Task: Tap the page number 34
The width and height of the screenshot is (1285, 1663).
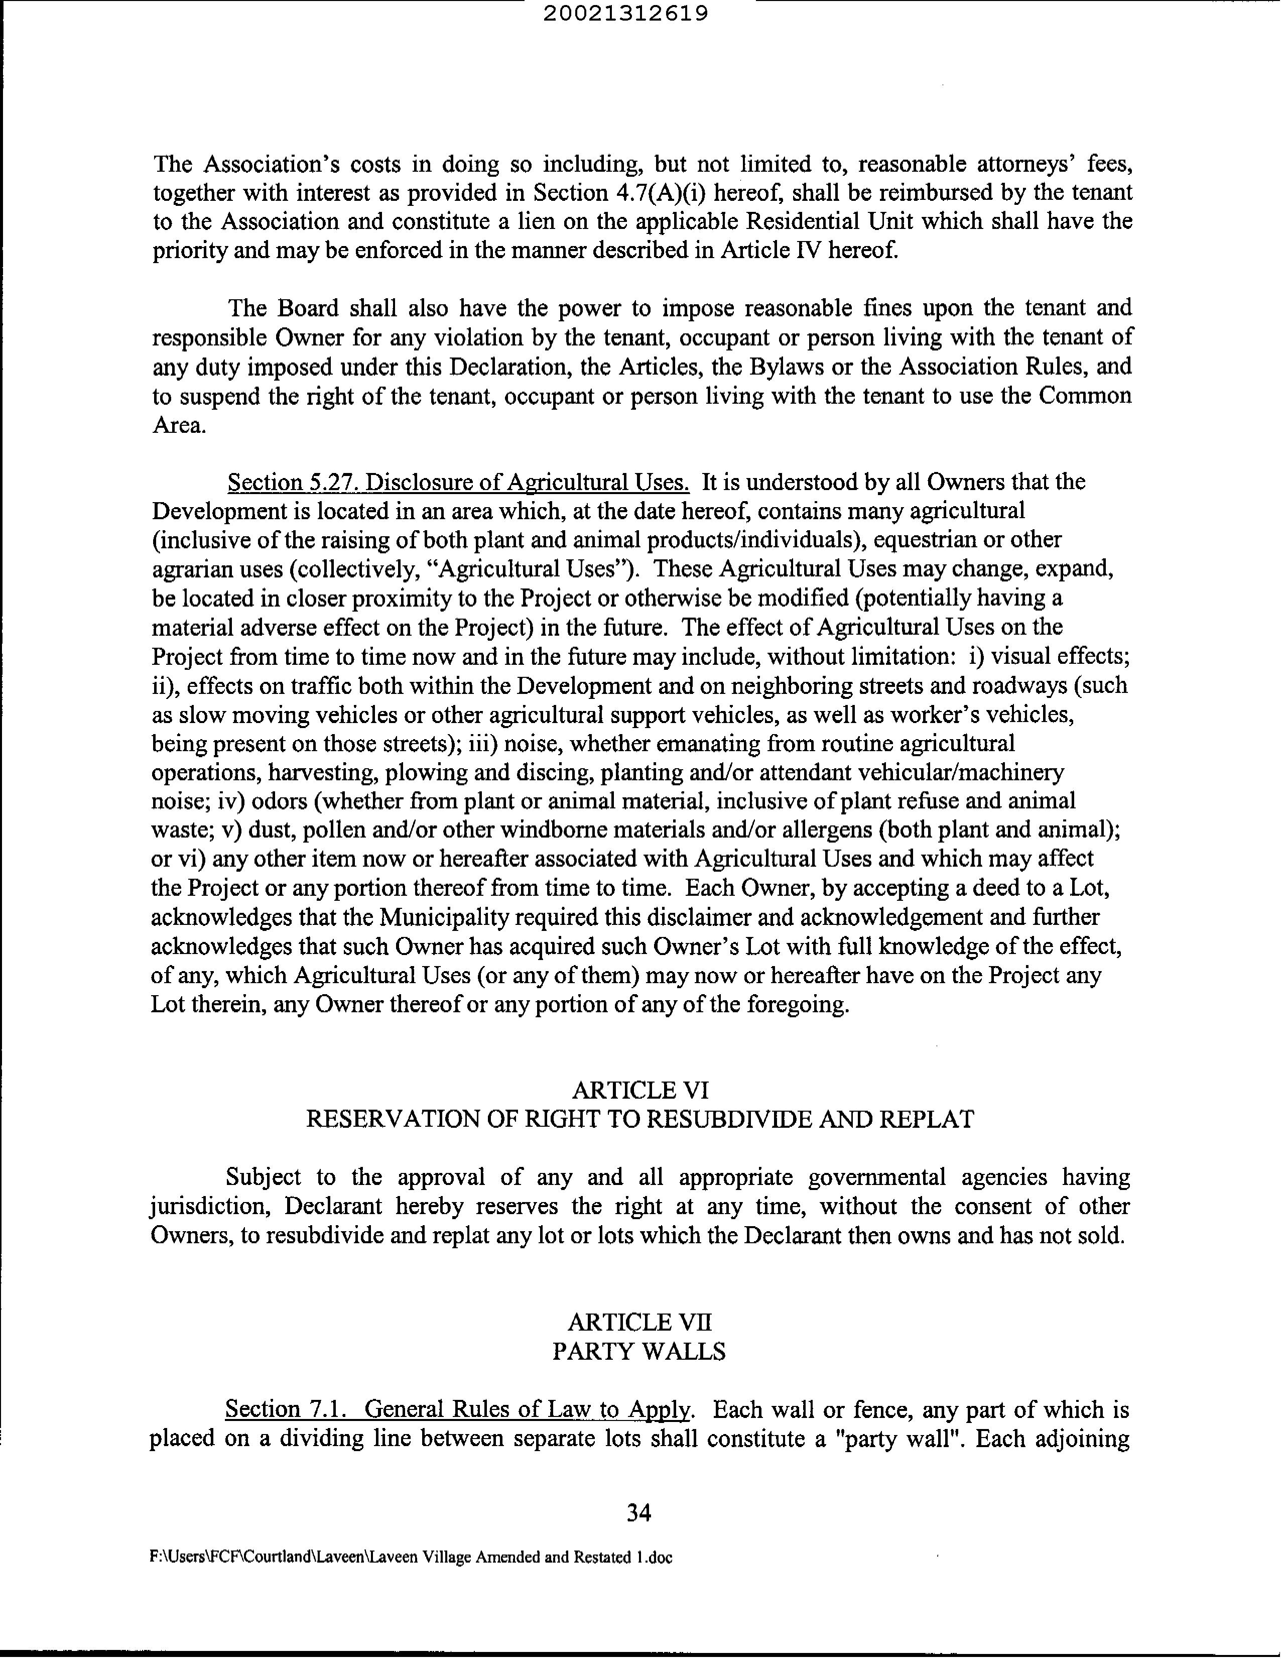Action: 638,1512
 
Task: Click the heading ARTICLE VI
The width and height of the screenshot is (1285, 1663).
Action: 639,1091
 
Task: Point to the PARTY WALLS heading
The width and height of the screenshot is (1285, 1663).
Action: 638,1351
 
